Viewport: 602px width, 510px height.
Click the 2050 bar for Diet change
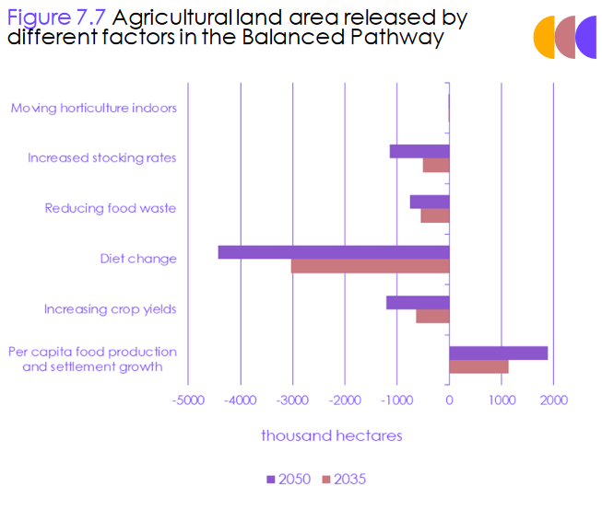[x=334, y=252]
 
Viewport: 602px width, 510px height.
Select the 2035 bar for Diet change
[x=370, y=266]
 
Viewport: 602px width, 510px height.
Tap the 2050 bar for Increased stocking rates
[x=419, y=151]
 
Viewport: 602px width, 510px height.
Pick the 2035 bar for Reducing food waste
[x=435, y=215]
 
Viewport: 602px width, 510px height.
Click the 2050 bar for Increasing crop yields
[x=418, y=302]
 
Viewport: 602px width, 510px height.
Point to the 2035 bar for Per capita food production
[x=478, y=366]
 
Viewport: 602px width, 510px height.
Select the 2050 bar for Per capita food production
[x=498, y=353]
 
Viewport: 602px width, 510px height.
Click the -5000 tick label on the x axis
[x=188, y=400]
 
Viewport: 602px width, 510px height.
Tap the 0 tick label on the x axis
[x=449, y=400]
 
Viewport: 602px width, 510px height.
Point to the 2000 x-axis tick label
[x=553, y=400]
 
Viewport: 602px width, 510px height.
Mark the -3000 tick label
[x=292, y=400]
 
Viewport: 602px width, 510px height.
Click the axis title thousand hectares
[x=331, y=435]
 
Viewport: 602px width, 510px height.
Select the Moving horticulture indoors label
[x=93, y=108]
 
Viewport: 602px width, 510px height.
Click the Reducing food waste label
[x=111, y=208]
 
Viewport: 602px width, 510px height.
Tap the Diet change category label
[x=138, y=259]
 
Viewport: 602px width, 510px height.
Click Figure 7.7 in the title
[x=55, y=17]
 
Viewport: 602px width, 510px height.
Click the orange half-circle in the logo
[x=545, y=38]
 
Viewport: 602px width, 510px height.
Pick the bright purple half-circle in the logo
[x=587, y=38]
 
